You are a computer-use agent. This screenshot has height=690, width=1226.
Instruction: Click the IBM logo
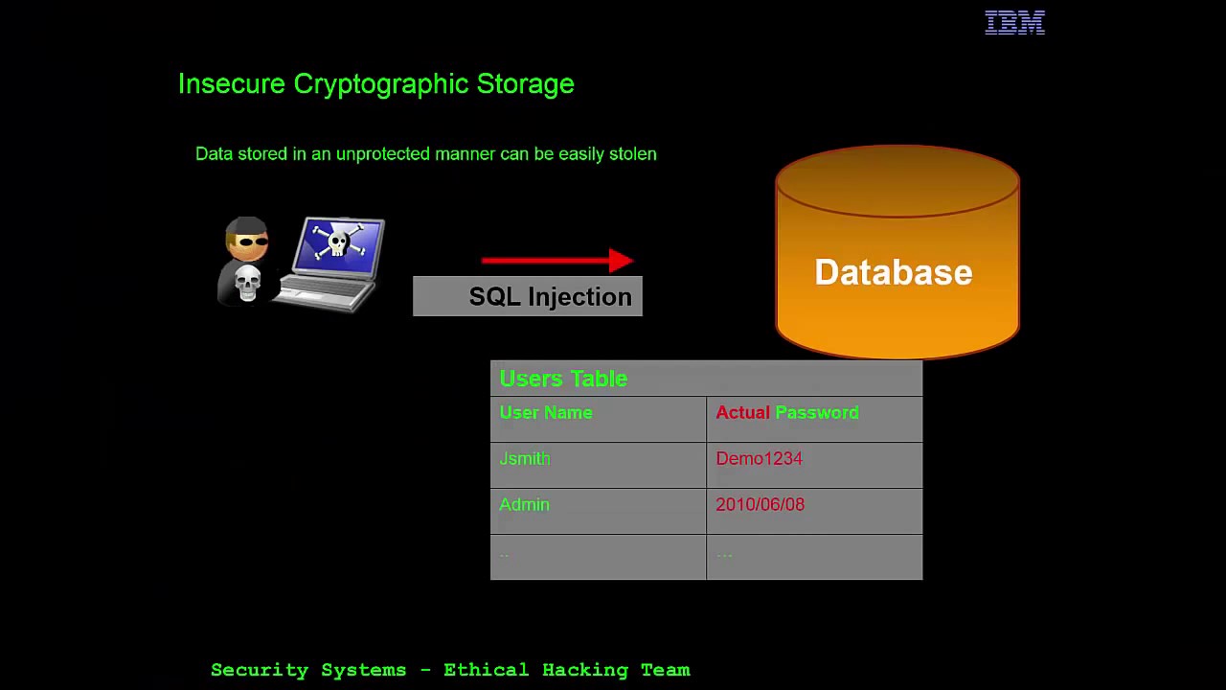[x=1014, y=23]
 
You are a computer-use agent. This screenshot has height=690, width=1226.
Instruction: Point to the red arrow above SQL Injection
[x=556, y=260]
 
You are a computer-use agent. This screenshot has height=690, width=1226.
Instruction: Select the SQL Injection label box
[x=528, y=297]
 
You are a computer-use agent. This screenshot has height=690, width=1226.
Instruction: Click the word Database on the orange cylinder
[x=894, y=272]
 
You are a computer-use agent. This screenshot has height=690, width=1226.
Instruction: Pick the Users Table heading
[x=563, y=379]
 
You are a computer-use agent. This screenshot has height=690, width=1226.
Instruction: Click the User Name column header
[x=546, y=412]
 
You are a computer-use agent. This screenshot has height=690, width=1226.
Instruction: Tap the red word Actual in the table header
[x=742, y=412]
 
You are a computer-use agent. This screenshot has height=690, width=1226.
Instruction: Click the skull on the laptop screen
[x=338, y=241]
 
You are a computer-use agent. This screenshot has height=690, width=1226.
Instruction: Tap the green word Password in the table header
[x=817, y=412]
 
